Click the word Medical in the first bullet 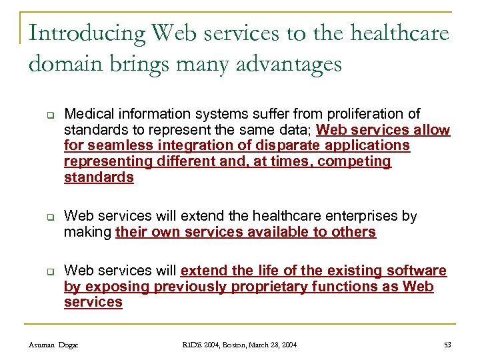(87, 114)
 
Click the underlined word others (355, 232)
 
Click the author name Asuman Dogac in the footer (53, 345)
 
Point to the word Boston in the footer (229, 345)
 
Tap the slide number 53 (447, 345)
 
